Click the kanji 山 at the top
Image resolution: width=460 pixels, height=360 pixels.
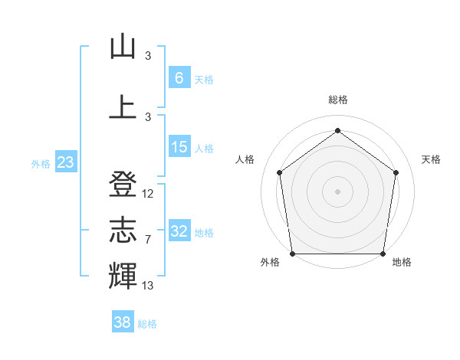point(123,47)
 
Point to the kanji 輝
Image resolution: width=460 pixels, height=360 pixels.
point(123,275)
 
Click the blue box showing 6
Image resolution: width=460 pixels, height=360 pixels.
point(179,77)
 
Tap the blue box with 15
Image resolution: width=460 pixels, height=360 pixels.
point(179,147)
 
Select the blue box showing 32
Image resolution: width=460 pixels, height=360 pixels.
point(179,231)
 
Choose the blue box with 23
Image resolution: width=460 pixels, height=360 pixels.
point(66,162)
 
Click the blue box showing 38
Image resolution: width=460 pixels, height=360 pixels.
point(123,322)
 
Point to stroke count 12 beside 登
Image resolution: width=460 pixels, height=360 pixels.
point(148,194)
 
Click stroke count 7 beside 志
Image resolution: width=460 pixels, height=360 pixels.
point(148,240)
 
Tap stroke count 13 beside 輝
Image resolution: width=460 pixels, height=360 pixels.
point(148,286)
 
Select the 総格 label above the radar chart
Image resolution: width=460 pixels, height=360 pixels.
point(337,100)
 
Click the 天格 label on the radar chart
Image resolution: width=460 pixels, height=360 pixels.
point(431,159)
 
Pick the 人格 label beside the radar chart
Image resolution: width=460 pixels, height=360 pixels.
point(245,159)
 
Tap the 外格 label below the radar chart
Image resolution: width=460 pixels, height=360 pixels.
point(270,263)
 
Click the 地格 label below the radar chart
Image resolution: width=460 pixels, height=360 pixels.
point(402,263)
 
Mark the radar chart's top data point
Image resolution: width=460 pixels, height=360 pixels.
point(337,130)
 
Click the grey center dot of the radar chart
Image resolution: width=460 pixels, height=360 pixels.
point(337,191)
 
